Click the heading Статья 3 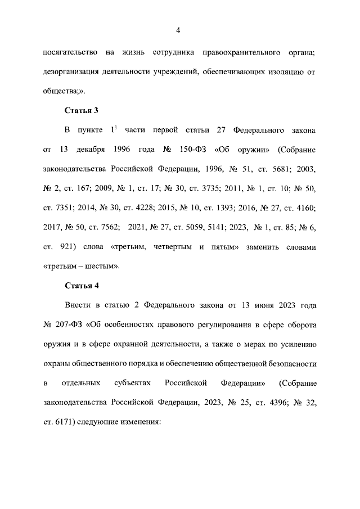coord(82,110)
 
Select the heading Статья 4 coord(82,285)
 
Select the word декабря coord(91,150)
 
